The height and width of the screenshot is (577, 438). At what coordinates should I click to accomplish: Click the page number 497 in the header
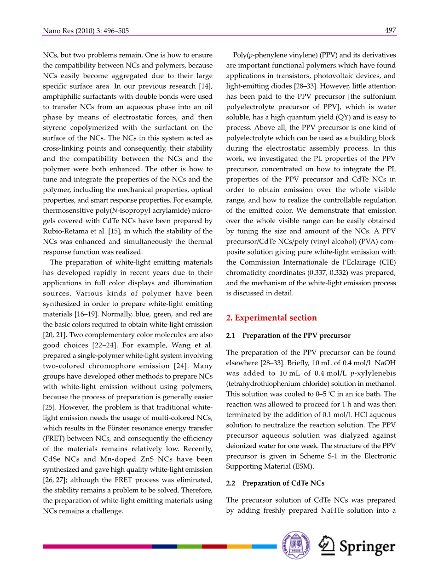(x=390, y=31)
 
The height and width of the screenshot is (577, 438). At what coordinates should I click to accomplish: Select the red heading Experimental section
(x=271, y=318)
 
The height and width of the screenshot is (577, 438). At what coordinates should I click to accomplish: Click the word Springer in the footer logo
(x=367, y=547)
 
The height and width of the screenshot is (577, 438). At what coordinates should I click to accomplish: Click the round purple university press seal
(x=296, y=545)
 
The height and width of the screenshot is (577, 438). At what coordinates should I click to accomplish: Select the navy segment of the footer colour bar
(x=164, y=546)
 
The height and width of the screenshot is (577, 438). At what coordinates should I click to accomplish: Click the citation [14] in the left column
(x=205, y=86)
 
